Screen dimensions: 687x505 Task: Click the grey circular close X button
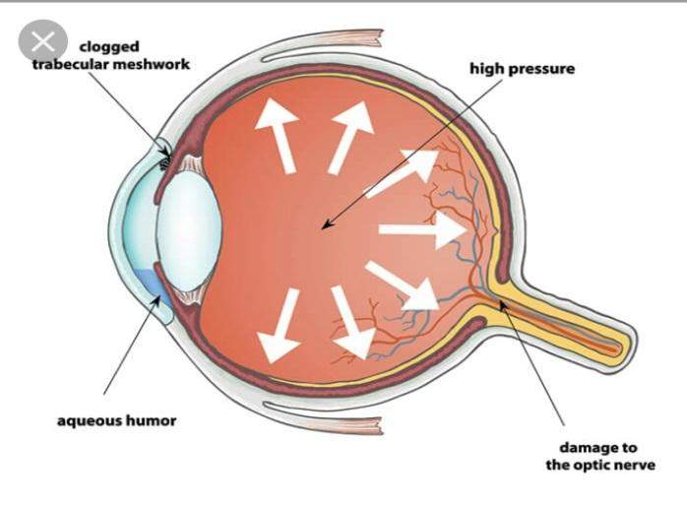[43, 40]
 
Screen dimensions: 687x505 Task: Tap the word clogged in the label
[109, 47]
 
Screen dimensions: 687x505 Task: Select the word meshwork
[152, 64]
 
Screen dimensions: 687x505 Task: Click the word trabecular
[71, 64]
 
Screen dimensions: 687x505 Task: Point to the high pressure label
[523, 69]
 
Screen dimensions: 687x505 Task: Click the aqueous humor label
[117, 421]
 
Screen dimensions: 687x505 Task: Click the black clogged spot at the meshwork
[164, 164]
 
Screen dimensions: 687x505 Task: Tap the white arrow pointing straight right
[422, 229]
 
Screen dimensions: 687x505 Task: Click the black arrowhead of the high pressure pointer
[327, 224]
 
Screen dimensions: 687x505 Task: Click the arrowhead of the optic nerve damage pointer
[503, 305]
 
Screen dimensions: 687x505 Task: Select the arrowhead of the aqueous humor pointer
[156, 300]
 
